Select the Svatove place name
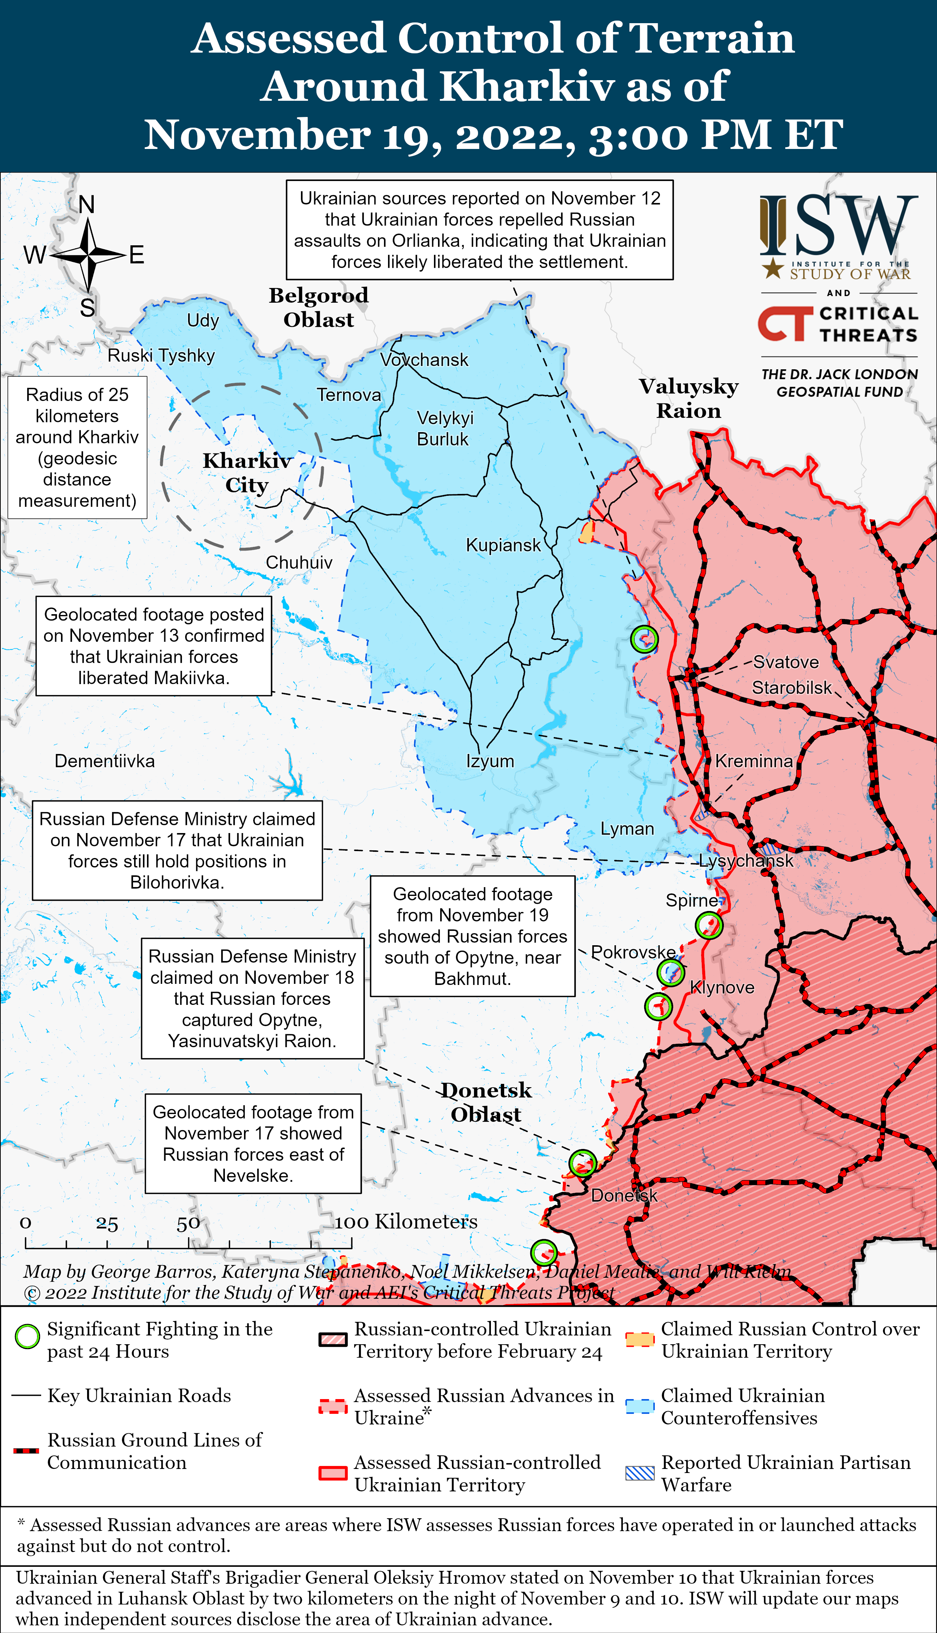[786, 662]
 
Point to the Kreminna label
[754, 761]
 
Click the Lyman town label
[627, 829]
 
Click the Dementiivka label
[104, 761]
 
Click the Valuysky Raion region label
[689, 398]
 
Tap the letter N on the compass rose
[87, 205]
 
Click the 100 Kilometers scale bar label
[406, 1221]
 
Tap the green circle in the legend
[27, 1337]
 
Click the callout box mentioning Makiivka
[154, 646]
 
